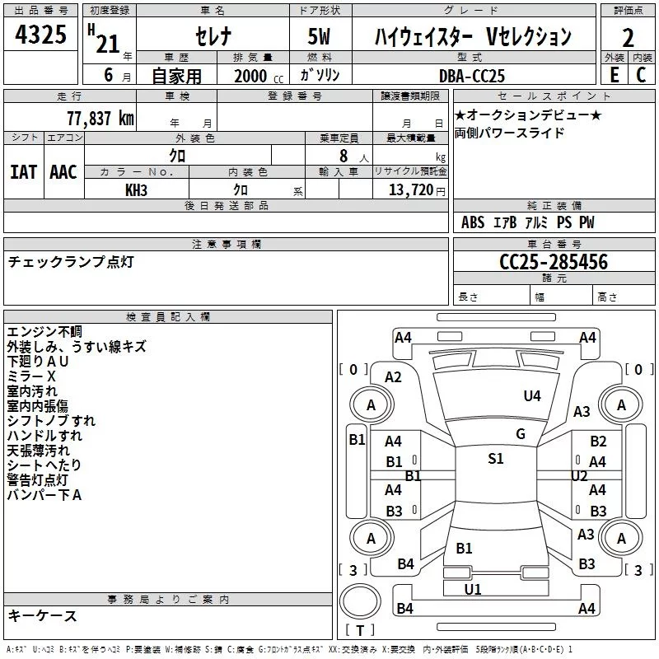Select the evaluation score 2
click(629, 38)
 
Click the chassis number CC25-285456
click(554, 263)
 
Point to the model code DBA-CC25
click(472, 76)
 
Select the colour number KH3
click(136, 190)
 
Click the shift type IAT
click(24, 172)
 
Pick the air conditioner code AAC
click(63, 172)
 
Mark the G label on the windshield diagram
click(520, 434)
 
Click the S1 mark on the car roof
click(495, 459)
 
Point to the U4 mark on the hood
click(532, 396)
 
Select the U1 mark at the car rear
click(472, 589)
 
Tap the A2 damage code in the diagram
click(393, 377)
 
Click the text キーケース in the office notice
click(43, 616)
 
